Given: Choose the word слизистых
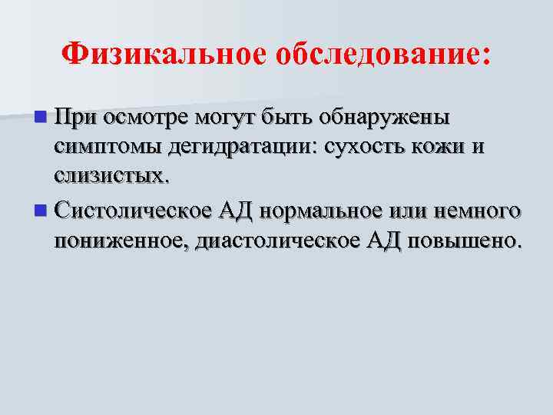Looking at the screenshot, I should pyautogui.click(x=108, y=176).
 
